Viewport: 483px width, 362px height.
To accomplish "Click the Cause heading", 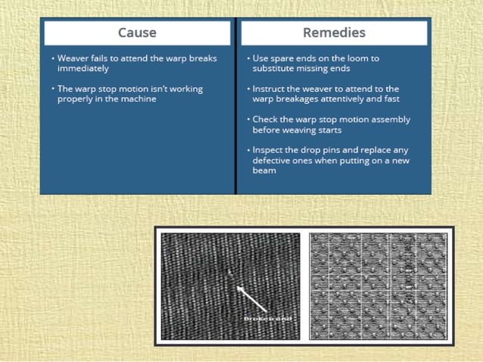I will tap(137, 33).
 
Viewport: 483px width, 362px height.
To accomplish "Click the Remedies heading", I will tap(334, 33).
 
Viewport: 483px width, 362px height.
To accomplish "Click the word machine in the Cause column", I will tap(139, 98).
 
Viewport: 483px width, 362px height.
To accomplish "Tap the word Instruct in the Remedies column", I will tap(270, 89).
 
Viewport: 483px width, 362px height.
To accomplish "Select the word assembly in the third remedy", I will tap(392, 120).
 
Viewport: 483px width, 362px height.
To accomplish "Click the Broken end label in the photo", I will tap(267, 319).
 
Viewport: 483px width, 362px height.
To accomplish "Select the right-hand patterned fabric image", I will tap(378, 286).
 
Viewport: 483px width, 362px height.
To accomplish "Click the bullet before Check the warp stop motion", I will tap(248, 120).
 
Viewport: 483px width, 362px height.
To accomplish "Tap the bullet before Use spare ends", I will tap(248, 58).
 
